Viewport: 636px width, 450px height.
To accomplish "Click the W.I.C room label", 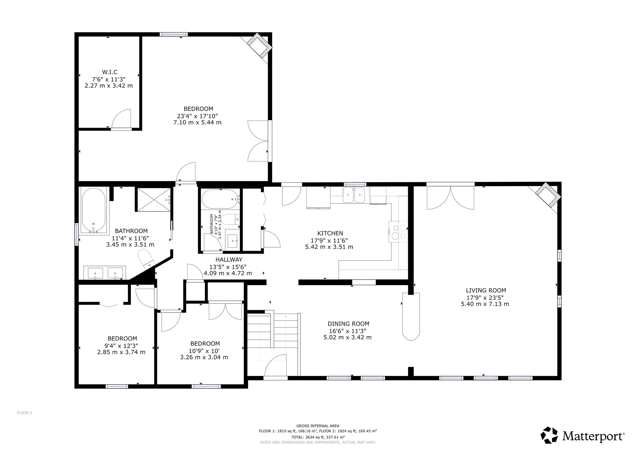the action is [110, 72].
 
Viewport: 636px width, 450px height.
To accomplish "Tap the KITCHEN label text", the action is [330, 233].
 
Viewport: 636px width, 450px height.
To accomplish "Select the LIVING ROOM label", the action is [486, 290].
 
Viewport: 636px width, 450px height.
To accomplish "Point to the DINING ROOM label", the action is [348, 324].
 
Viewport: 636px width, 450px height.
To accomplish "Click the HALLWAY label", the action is [229, 259].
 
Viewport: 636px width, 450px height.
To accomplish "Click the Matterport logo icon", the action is [549, 435].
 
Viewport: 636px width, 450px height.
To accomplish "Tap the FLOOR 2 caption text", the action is [24, 413].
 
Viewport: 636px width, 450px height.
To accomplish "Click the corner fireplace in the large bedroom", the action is [259, 46].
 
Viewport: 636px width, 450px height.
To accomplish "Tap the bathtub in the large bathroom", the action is [94, 211].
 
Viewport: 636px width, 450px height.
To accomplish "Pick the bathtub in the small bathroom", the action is [221, 199].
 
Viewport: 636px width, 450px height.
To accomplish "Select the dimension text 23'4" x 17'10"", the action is [197, 116].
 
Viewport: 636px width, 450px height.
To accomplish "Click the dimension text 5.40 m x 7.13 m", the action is [485, 304].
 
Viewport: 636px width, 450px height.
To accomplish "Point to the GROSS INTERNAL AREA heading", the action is [318, 426].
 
